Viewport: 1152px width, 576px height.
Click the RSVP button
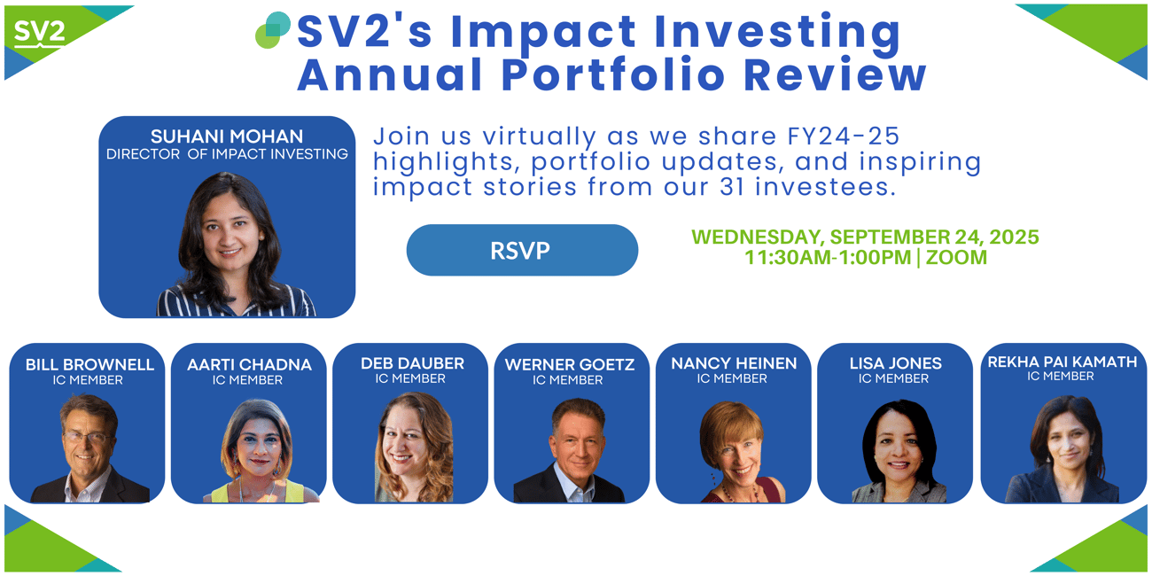pyautogui.click(x=522, y=250)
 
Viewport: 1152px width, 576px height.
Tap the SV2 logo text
pyautogui.click(x=40, y=32)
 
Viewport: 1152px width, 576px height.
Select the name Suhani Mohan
pyautogui.click(x=227, y=136)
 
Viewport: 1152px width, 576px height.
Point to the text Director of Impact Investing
pyautogui.click(x=227, y=154)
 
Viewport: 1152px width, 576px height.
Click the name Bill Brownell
pyautogui.click(x=90, y=364)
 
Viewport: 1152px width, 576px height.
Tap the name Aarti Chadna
pyautogui.click(x=249, y=364)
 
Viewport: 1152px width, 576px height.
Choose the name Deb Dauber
pyautogui.click(x=412, y=363)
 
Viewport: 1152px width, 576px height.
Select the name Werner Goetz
pyautogui.click(x=569, y=364)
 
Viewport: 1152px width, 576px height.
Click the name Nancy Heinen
pyautogui.click(x=734, y=363)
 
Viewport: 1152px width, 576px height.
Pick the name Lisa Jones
pyautogui.click(x=895, y=363)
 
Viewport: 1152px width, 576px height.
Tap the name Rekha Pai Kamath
pyautogui.click(x=1062, y=362)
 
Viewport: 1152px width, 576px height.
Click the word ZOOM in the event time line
pyautogui.click(x=956, y=257)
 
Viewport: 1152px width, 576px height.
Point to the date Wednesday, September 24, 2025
pyautogui.click(x=865, y=237)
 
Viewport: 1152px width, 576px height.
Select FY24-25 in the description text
pyautogui.click(x=844, y=136)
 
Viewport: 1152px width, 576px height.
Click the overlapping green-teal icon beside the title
pyautogui.click(x=273, y=30)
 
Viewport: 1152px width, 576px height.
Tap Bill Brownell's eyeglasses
pyautogui.click(x=87, y=438)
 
